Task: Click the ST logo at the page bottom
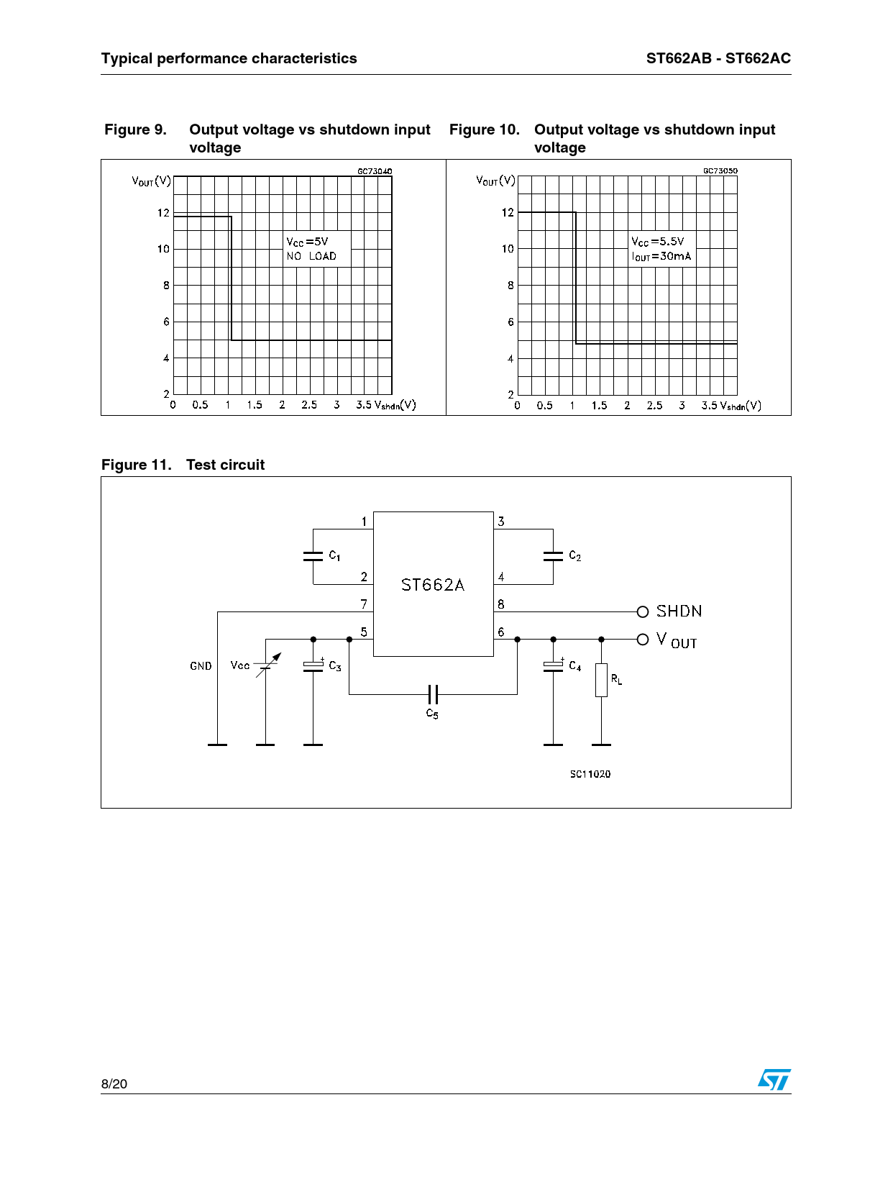click(x=774, y=1079)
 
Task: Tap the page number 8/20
click(x=114, y=1083)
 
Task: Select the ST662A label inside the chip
click(x=432, y=585)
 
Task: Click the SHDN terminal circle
click(x=642, y=611)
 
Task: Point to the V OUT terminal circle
click(x=642, y=640)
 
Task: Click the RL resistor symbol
click(x=601, y=680)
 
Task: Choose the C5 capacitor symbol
click(x=433, y=693)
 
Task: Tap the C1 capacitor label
click(x=334, y=555)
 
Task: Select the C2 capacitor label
click(x=574, y=555)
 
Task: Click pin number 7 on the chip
click(x=364, y=604)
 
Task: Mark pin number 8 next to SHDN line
click(x=501, y=604)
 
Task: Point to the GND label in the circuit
click(x=201, y=665)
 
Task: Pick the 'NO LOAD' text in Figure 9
click(x=311, y=256)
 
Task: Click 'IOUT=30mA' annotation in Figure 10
click(x=661, y=256)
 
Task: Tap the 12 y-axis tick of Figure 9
click(x=163, y=212)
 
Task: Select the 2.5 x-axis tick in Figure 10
click(x=654, y=405)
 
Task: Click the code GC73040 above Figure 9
click(x=375, y=171)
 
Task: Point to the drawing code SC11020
click(x=590, y=774)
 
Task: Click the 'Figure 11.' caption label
click(x=136, y=465)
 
